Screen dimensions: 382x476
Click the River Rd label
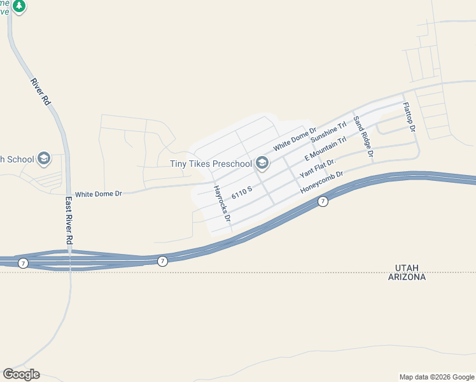pos(40,91)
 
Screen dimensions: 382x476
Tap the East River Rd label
pos(69,220)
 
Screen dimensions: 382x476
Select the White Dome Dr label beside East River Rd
pos(98,193)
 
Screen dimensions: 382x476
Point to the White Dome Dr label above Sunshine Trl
pos(295,139)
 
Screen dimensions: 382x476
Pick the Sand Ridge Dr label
pos(363,137)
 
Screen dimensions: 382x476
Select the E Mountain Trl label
pos(325,148)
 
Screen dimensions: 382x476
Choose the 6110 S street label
pos(242,192)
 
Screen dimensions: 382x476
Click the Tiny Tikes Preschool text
pos(211,164)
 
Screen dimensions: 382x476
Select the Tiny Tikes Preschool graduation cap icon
pos(262,164)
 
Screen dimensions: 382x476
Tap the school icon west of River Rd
pos(44,159)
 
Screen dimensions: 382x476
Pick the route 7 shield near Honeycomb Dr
pos(323,202)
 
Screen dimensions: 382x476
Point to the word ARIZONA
pos(406,277)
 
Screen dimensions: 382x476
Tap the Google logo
pos(21,374)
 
